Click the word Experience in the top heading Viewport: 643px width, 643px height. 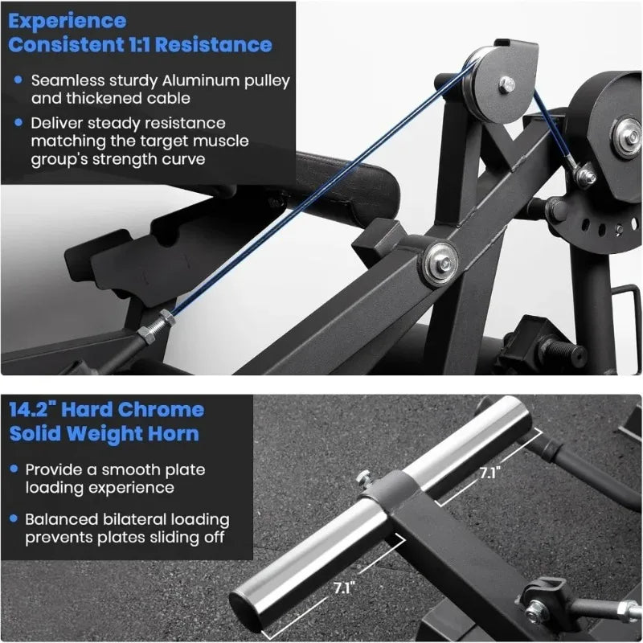click(68, 19)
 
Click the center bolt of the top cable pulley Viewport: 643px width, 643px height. click(506, 83)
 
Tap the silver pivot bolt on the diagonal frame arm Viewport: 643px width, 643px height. click(440, 262)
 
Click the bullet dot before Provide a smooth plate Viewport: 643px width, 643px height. click(17, 470)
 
